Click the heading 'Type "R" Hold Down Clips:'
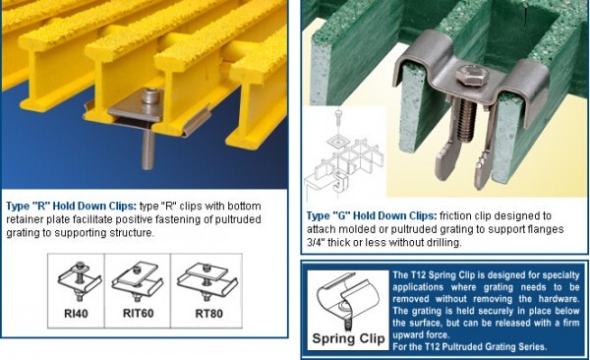coord(70,206)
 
